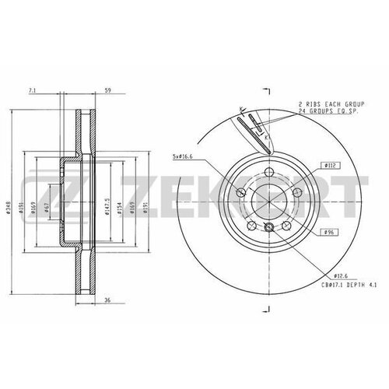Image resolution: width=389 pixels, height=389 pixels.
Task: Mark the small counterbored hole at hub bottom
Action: [269, 227]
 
